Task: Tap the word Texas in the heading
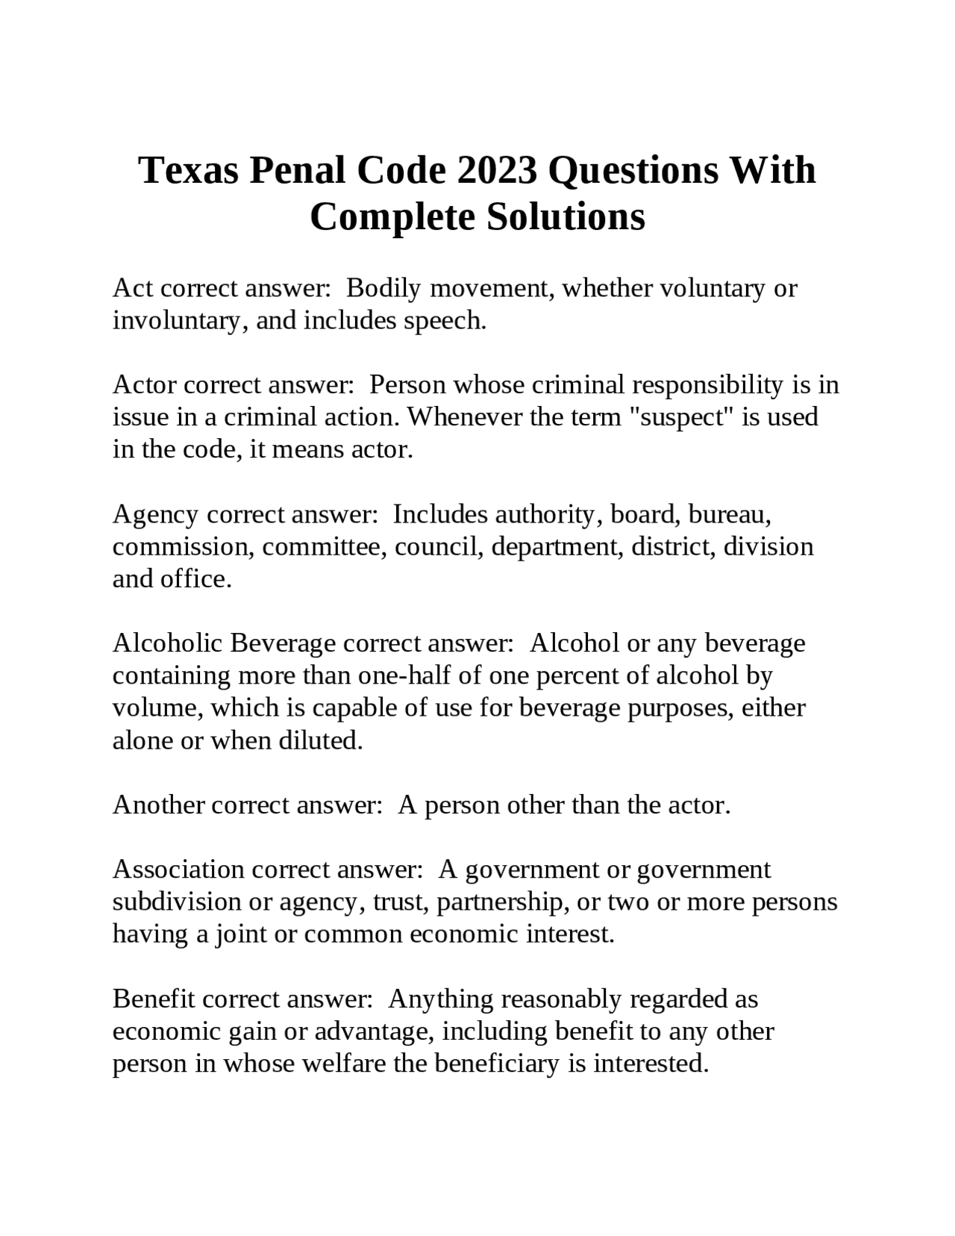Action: (x=188, y=170)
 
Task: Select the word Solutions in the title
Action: (x=566, y=217)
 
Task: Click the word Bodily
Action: (x=383, y=288)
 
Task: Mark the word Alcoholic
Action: (x=167, y=643)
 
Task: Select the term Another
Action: (x=159, y=805)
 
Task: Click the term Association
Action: (x=178, y=870)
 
